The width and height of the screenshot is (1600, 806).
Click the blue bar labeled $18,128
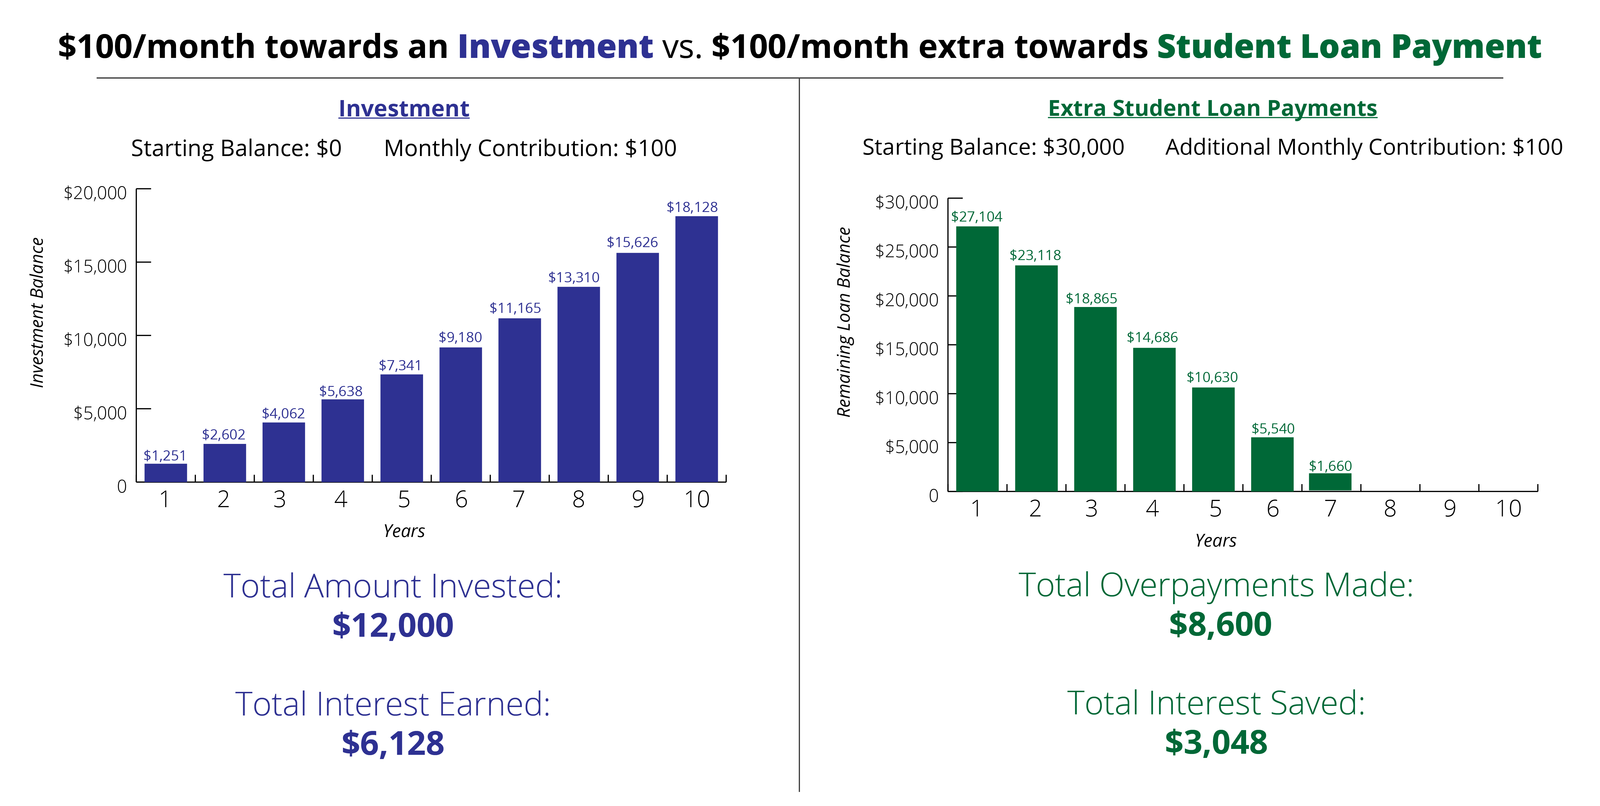[696, 349]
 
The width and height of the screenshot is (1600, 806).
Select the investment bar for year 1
[165, 473]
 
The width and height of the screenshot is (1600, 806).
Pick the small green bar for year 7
[1330, 482]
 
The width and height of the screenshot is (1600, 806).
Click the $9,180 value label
[460, 337]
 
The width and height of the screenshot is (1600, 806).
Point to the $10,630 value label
[1212, 377]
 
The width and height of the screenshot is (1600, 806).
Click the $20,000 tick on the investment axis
[95, 193]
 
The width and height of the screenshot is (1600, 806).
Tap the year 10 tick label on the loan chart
[1508, 509]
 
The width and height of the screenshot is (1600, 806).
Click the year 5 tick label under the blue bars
[404, 499]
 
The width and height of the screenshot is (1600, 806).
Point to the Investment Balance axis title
[37, 312]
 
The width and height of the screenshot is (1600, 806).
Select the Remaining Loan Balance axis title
[844, 322]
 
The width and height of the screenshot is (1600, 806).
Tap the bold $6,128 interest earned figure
[392, 743]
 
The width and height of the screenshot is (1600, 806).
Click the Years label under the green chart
[1215, 540]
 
